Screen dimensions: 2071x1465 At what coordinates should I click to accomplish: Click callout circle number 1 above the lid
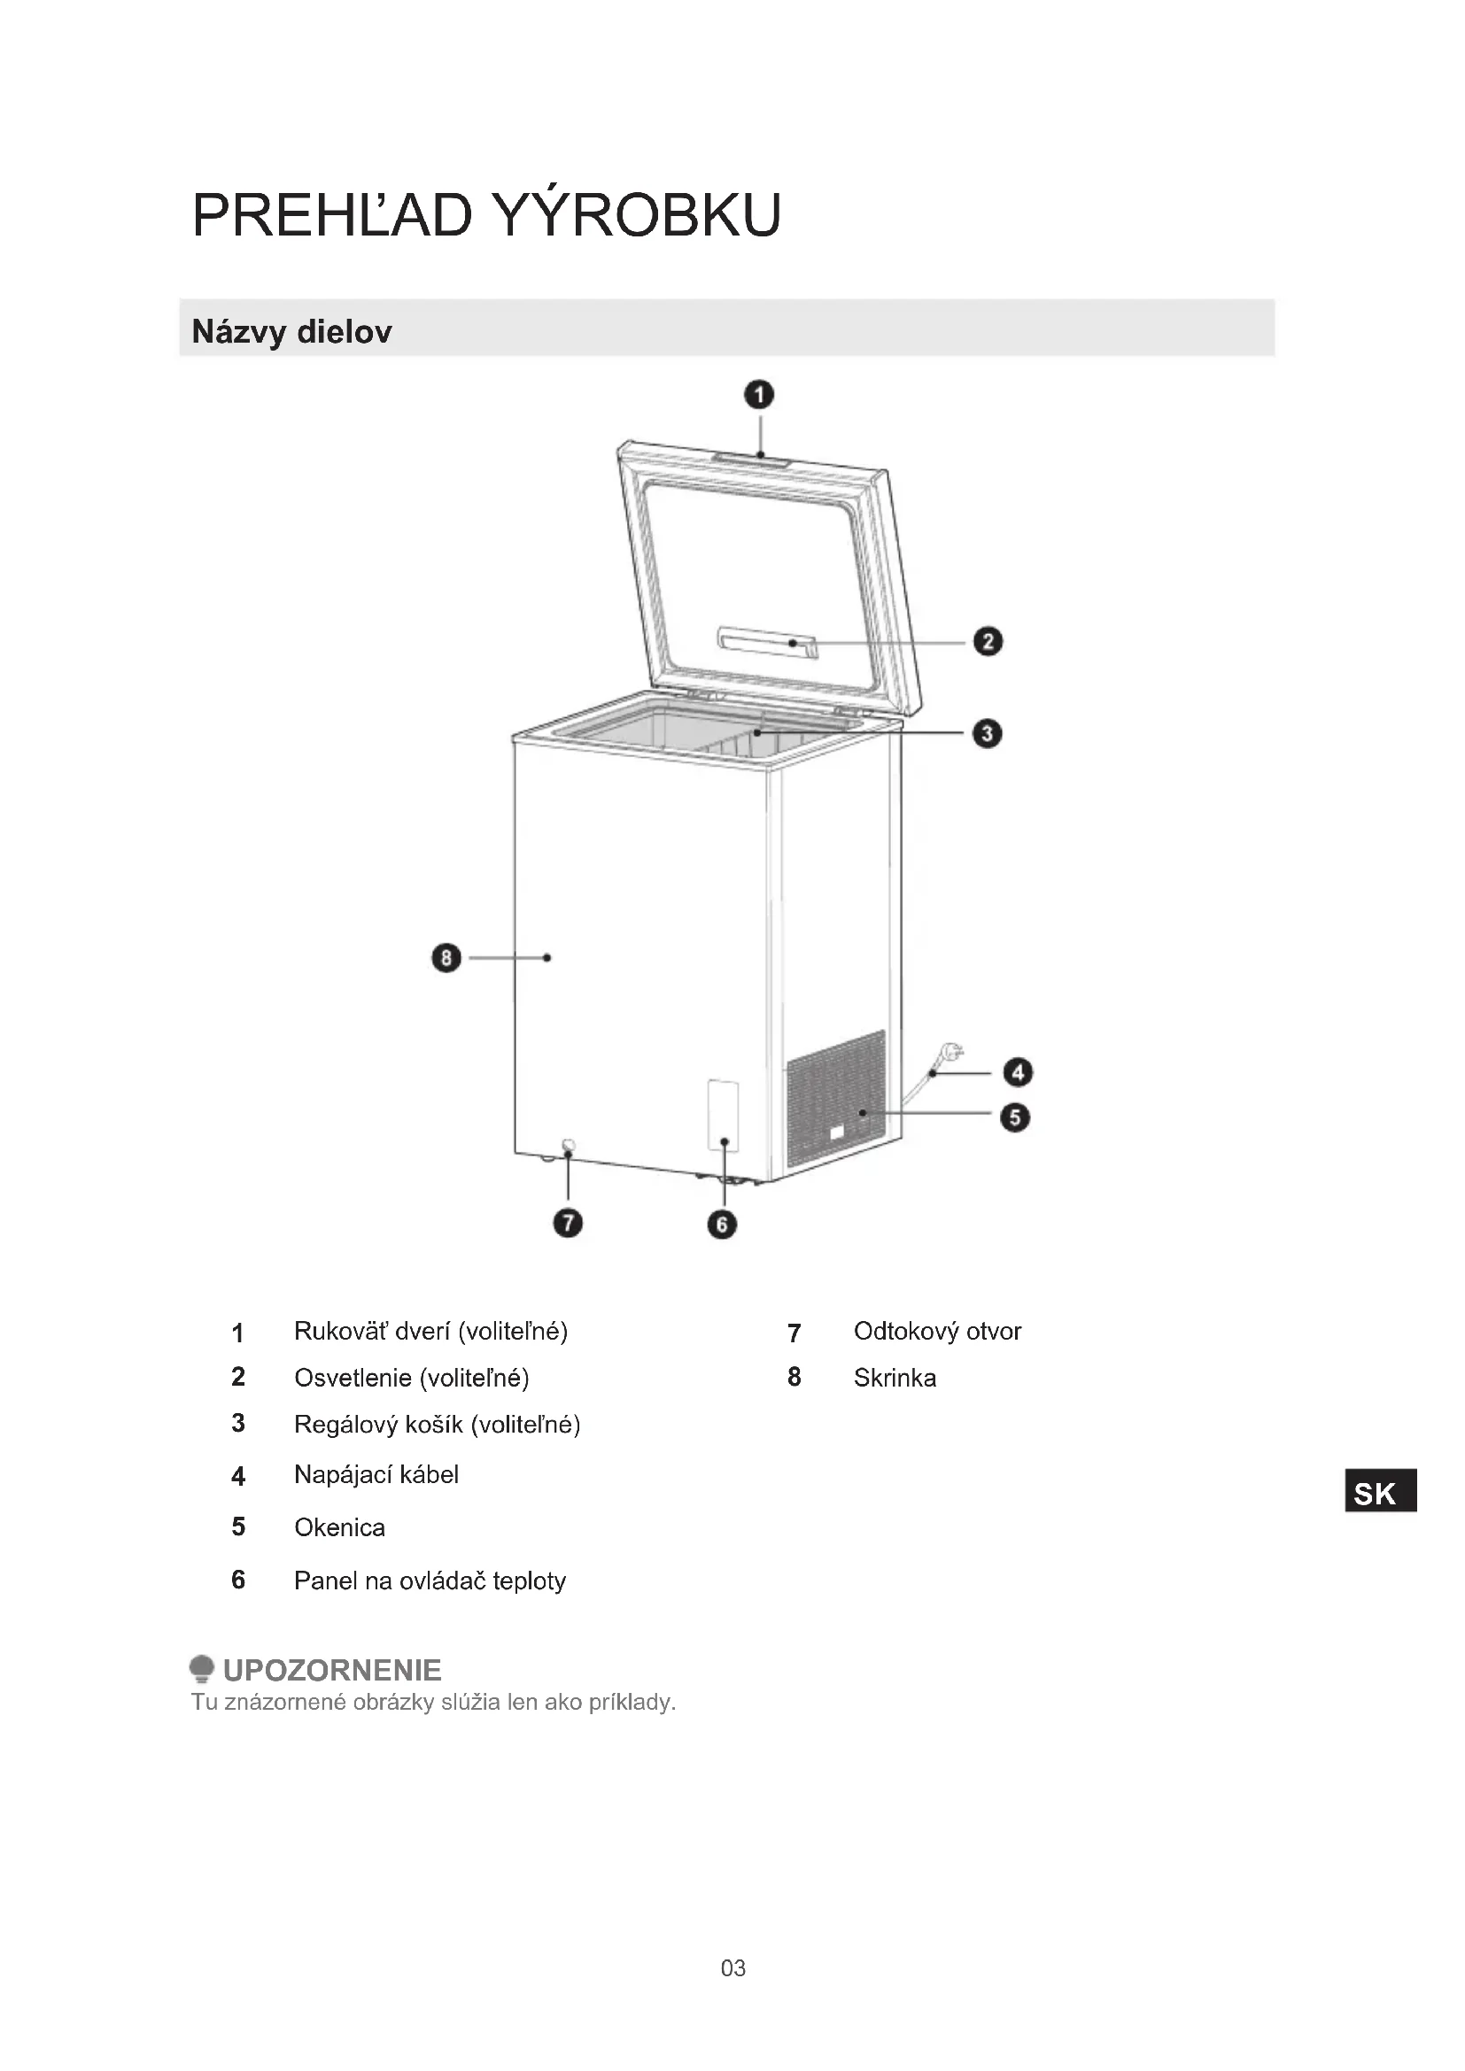[759, 395]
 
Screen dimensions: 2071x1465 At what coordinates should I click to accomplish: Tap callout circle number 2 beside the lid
[988, 641]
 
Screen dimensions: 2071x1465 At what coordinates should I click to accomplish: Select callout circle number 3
[987, 733]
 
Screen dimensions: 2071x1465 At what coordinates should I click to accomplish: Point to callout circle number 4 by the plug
[1018, 1071]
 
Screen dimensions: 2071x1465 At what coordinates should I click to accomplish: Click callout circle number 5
[1015, 1117]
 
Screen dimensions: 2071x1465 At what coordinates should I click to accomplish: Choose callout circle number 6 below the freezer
[722, 1224]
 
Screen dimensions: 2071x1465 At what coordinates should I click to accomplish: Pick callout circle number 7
[568, 1223]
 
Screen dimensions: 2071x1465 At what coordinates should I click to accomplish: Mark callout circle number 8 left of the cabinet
[446, 957]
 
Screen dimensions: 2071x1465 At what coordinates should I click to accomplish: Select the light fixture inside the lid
[768, 642]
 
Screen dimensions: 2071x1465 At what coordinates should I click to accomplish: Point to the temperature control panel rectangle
[723, 1115]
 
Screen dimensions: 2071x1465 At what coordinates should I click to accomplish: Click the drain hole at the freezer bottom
[569, 1147]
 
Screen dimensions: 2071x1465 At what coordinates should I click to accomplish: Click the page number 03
[732, 1968]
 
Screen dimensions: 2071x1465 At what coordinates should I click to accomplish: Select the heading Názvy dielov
[291, 331]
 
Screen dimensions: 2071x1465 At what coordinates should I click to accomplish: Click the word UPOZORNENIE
[332, 1670]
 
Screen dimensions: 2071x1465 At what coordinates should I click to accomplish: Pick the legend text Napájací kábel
[376, 1474]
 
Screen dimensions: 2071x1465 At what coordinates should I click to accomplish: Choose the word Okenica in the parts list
[339, 1527]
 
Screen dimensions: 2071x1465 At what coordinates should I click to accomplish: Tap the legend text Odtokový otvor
[937, 1331]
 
